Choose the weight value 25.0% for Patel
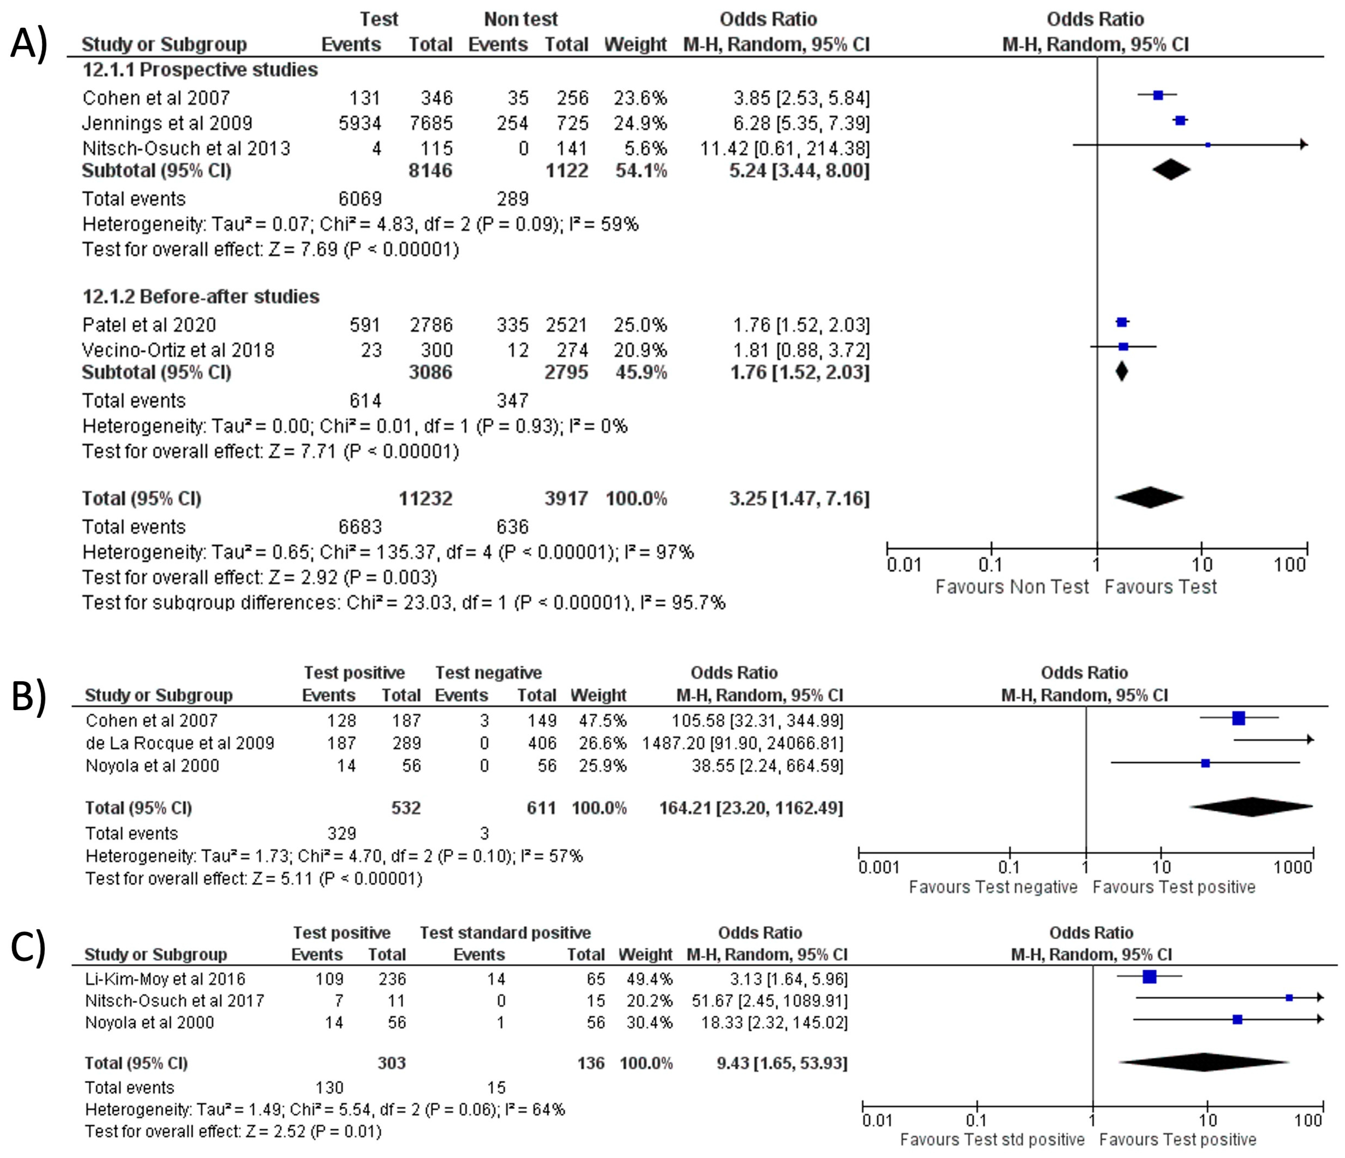(x=641, y=324)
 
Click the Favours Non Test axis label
(x=1011, y=587)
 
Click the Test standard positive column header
(x=505, y=933)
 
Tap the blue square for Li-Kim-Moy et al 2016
(x=1150, y=977)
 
